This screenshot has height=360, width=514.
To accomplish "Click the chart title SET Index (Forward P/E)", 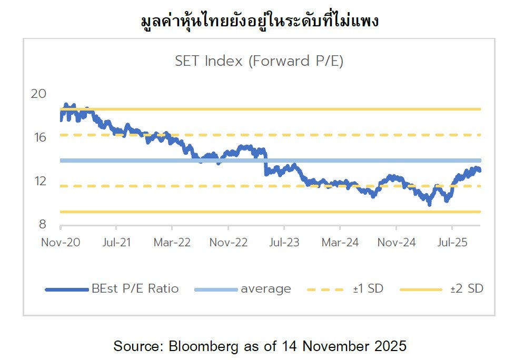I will tap(259, 61).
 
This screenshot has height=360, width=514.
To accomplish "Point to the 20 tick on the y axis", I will tap(39, 94).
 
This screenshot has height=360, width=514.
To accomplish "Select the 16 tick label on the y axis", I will tap(39, 137).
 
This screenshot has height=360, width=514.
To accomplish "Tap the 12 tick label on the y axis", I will tap(39, 181).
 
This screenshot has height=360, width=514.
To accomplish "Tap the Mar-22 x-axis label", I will tap(172, 242).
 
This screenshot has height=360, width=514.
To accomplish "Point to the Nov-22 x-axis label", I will tap(228, 242).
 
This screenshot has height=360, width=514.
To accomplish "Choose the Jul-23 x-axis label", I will tap(284, 242).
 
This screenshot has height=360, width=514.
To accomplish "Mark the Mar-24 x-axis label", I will tap(340, 242).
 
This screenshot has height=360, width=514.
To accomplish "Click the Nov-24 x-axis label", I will tap(396, 242).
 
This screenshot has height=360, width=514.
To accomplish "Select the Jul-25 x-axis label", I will tap(452, 242).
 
